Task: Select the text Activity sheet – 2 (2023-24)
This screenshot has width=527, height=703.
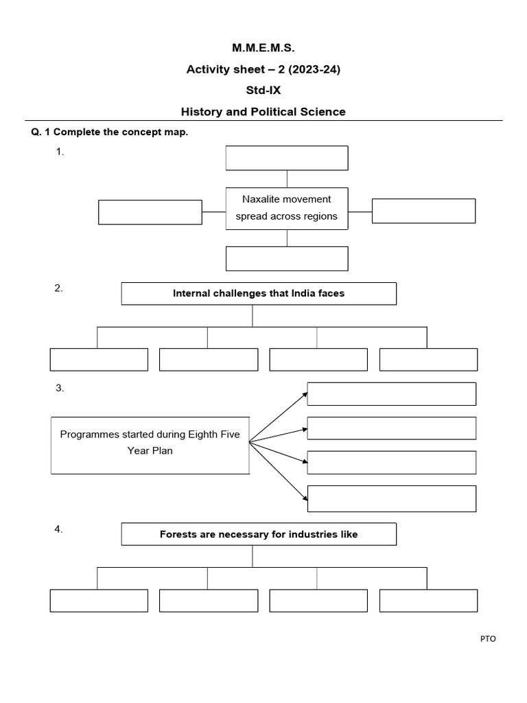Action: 263,69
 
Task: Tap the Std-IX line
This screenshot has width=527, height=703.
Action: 263,90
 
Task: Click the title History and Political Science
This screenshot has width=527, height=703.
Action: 263,111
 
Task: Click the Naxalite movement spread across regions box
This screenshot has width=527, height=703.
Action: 287,208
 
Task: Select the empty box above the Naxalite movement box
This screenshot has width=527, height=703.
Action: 287,158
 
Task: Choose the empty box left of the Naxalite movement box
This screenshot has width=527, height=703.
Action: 150,212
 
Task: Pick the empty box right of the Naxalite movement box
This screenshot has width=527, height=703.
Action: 423,211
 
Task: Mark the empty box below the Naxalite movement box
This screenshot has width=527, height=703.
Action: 287,259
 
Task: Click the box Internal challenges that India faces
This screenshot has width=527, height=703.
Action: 259,294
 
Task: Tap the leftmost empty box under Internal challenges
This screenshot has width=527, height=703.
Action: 99,360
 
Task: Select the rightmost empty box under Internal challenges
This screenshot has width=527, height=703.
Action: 428,360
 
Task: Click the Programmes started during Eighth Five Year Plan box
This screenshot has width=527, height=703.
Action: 150,443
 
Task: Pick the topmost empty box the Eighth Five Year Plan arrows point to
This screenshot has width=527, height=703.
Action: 391,394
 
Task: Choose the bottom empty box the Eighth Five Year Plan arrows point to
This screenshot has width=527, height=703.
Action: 391,498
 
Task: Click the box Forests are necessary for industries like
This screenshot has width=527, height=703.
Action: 259,534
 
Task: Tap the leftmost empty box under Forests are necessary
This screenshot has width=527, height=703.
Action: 99,601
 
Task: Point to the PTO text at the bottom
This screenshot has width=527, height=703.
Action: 487,639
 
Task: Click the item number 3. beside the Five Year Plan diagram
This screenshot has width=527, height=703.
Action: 60,389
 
